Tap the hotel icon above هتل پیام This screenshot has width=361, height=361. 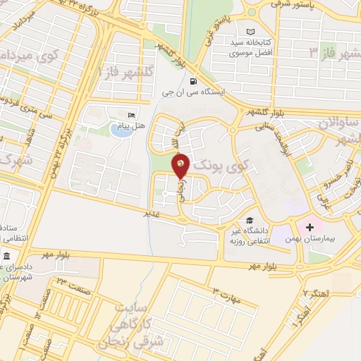click(x=130, y=115)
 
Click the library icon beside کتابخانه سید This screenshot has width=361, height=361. click(x=251, y=32)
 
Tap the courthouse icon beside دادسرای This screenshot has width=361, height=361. click(x=6, y=255)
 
